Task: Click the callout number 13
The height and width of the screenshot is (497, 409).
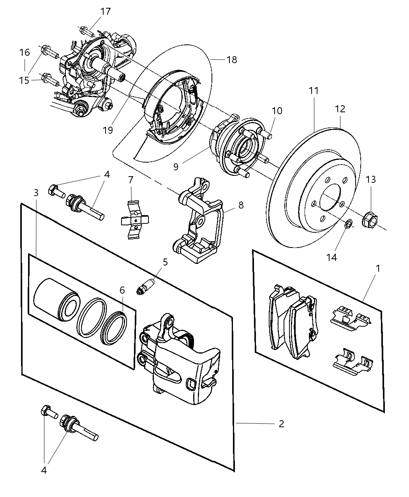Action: tap(371, 179)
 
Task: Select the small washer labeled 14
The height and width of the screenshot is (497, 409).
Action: tap(349, 223)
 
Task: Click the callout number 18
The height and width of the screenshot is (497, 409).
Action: tap(232, 60)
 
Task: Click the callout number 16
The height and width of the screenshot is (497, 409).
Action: tap(24, 52)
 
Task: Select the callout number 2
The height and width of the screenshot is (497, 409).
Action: tap(281, 424)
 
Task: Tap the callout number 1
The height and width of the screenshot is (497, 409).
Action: tap(377, 269)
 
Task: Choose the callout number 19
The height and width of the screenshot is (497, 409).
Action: tap(108, 130)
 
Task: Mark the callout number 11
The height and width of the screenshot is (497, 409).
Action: tap(314, 91)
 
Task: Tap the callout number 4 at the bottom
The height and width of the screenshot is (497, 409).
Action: tap(44, 470)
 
